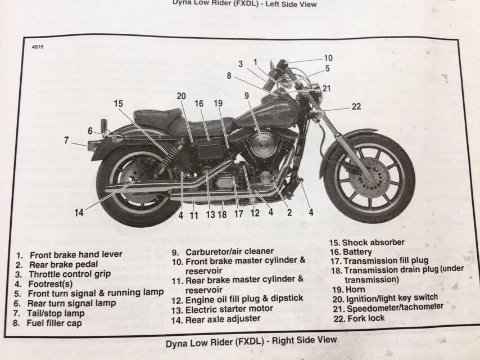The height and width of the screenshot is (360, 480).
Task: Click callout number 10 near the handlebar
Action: click(x=328, y=57)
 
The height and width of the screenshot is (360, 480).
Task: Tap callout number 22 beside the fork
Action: click(x=356, y=107)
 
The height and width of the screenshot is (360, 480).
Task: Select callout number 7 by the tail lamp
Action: click(x=66, y=140)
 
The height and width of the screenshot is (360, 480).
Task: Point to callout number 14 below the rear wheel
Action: click(x=79, y=213)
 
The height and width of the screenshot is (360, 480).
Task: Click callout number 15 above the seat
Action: click(x=117, y=103)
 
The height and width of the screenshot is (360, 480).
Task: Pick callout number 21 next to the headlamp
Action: click(x=327, y=88)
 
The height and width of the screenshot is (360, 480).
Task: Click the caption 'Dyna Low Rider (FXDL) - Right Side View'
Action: click(x=251, y=340)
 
